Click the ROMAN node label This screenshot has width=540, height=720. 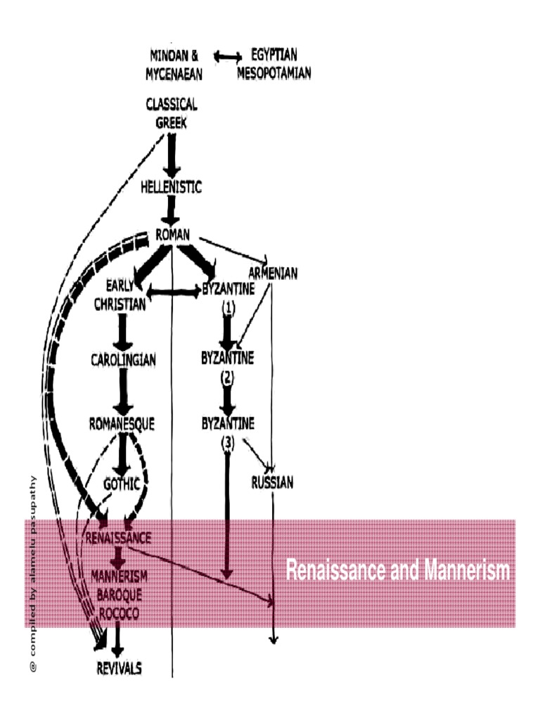click(172, 237)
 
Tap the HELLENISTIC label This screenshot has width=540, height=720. click(171, 188)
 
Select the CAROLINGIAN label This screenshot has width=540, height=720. click(123, 360)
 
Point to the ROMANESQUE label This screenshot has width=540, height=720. click(123, 424)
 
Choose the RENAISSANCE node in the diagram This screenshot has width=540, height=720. click(118, 538)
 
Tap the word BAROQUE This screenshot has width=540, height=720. click(119, 594)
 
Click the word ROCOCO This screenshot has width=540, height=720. click(119, 613)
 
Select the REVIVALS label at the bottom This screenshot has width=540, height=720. click(119, 668)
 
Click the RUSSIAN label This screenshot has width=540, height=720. click(273, 483)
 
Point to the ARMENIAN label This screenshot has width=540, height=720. click(273, 273)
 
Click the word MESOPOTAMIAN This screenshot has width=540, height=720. click(274, 73)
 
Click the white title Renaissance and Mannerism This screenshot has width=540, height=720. click(397, 570)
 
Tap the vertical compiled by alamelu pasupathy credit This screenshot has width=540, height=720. click(31, 574)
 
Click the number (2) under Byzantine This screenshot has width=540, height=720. click(226, 377)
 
